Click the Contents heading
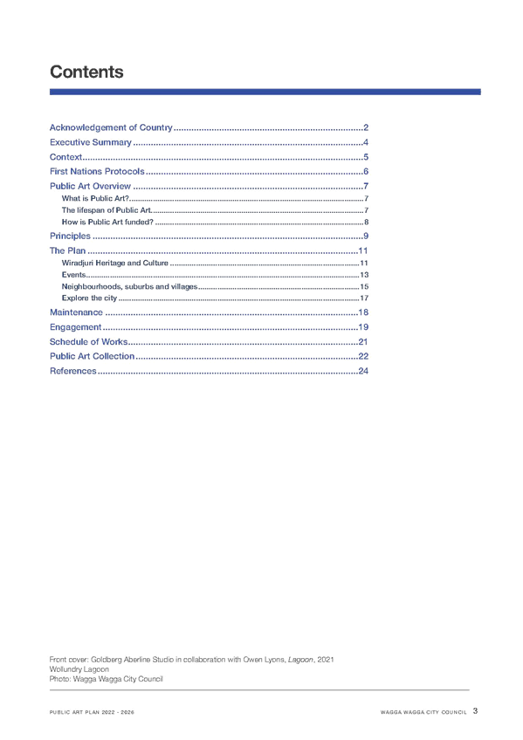[86, 72]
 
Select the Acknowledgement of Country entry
[111, 127]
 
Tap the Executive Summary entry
[91, 142]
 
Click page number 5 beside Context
[366, 157]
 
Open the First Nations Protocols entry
[97, 171]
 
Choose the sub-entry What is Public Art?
[95, 198]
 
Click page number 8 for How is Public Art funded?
[367, 222]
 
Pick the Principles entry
[70, 236]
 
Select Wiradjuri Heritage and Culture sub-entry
[114, 263]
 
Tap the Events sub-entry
[73, 275]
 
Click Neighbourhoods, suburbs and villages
[129, 286]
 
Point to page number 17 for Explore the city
[364, 298]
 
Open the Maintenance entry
[76, 312]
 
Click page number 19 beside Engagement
[363, 327]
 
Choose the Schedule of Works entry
[88, 342]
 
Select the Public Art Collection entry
[92, 356]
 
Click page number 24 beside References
[363, 371]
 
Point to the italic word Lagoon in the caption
[300, 660]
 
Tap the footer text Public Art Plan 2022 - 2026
[92, 712]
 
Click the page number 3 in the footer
[475, 710]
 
